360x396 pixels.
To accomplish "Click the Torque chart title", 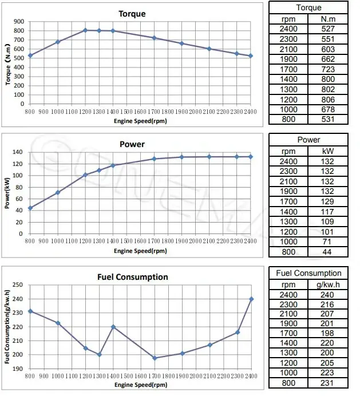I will coord(132,14).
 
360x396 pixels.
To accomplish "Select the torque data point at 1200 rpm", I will coord(85,30).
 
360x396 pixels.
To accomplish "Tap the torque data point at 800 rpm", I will coord(30,56).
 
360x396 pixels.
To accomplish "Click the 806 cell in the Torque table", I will coord(328,98).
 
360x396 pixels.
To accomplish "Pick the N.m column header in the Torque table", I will coord(328,18).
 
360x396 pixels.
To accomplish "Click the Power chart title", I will coord(132,144).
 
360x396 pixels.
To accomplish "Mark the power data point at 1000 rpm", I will coord(58,192).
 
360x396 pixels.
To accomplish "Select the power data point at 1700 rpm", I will coord(154,159).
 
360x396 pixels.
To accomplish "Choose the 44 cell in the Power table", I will coord(328,251).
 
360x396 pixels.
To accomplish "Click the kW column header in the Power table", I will coord(328,151).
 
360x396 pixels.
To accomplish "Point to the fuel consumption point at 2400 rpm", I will coord(251,299).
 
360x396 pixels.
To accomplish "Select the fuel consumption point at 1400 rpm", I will coord(113,327).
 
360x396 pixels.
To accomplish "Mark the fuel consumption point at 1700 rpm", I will coord(154,358).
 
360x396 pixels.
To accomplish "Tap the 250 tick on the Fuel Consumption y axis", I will coord(19,285).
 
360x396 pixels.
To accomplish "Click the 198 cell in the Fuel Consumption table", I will coord(328,333).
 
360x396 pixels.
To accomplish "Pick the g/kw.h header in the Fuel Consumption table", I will coord(328,284).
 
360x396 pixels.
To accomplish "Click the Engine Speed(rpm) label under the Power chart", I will coord(140,251).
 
